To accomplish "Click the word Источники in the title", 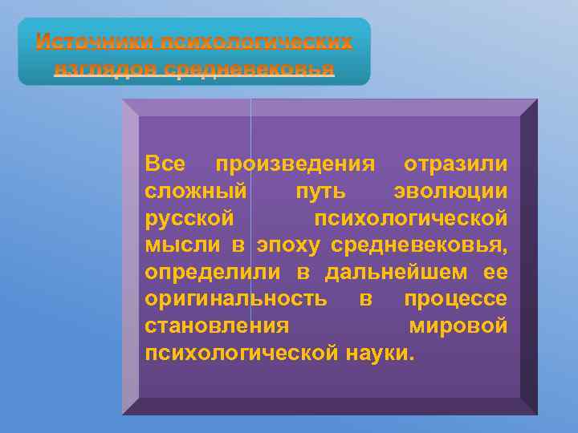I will coord(96,41).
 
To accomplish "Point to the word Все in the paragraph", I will coord(166,164).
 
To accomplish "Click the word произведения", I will coord(295,164).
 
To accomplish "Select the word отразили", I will coord(455,164).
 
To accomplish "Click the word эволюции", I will coord(450,192).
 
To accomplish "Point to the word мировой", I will coord(458,326).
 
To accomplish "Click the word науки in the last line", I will coord(380,354).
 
